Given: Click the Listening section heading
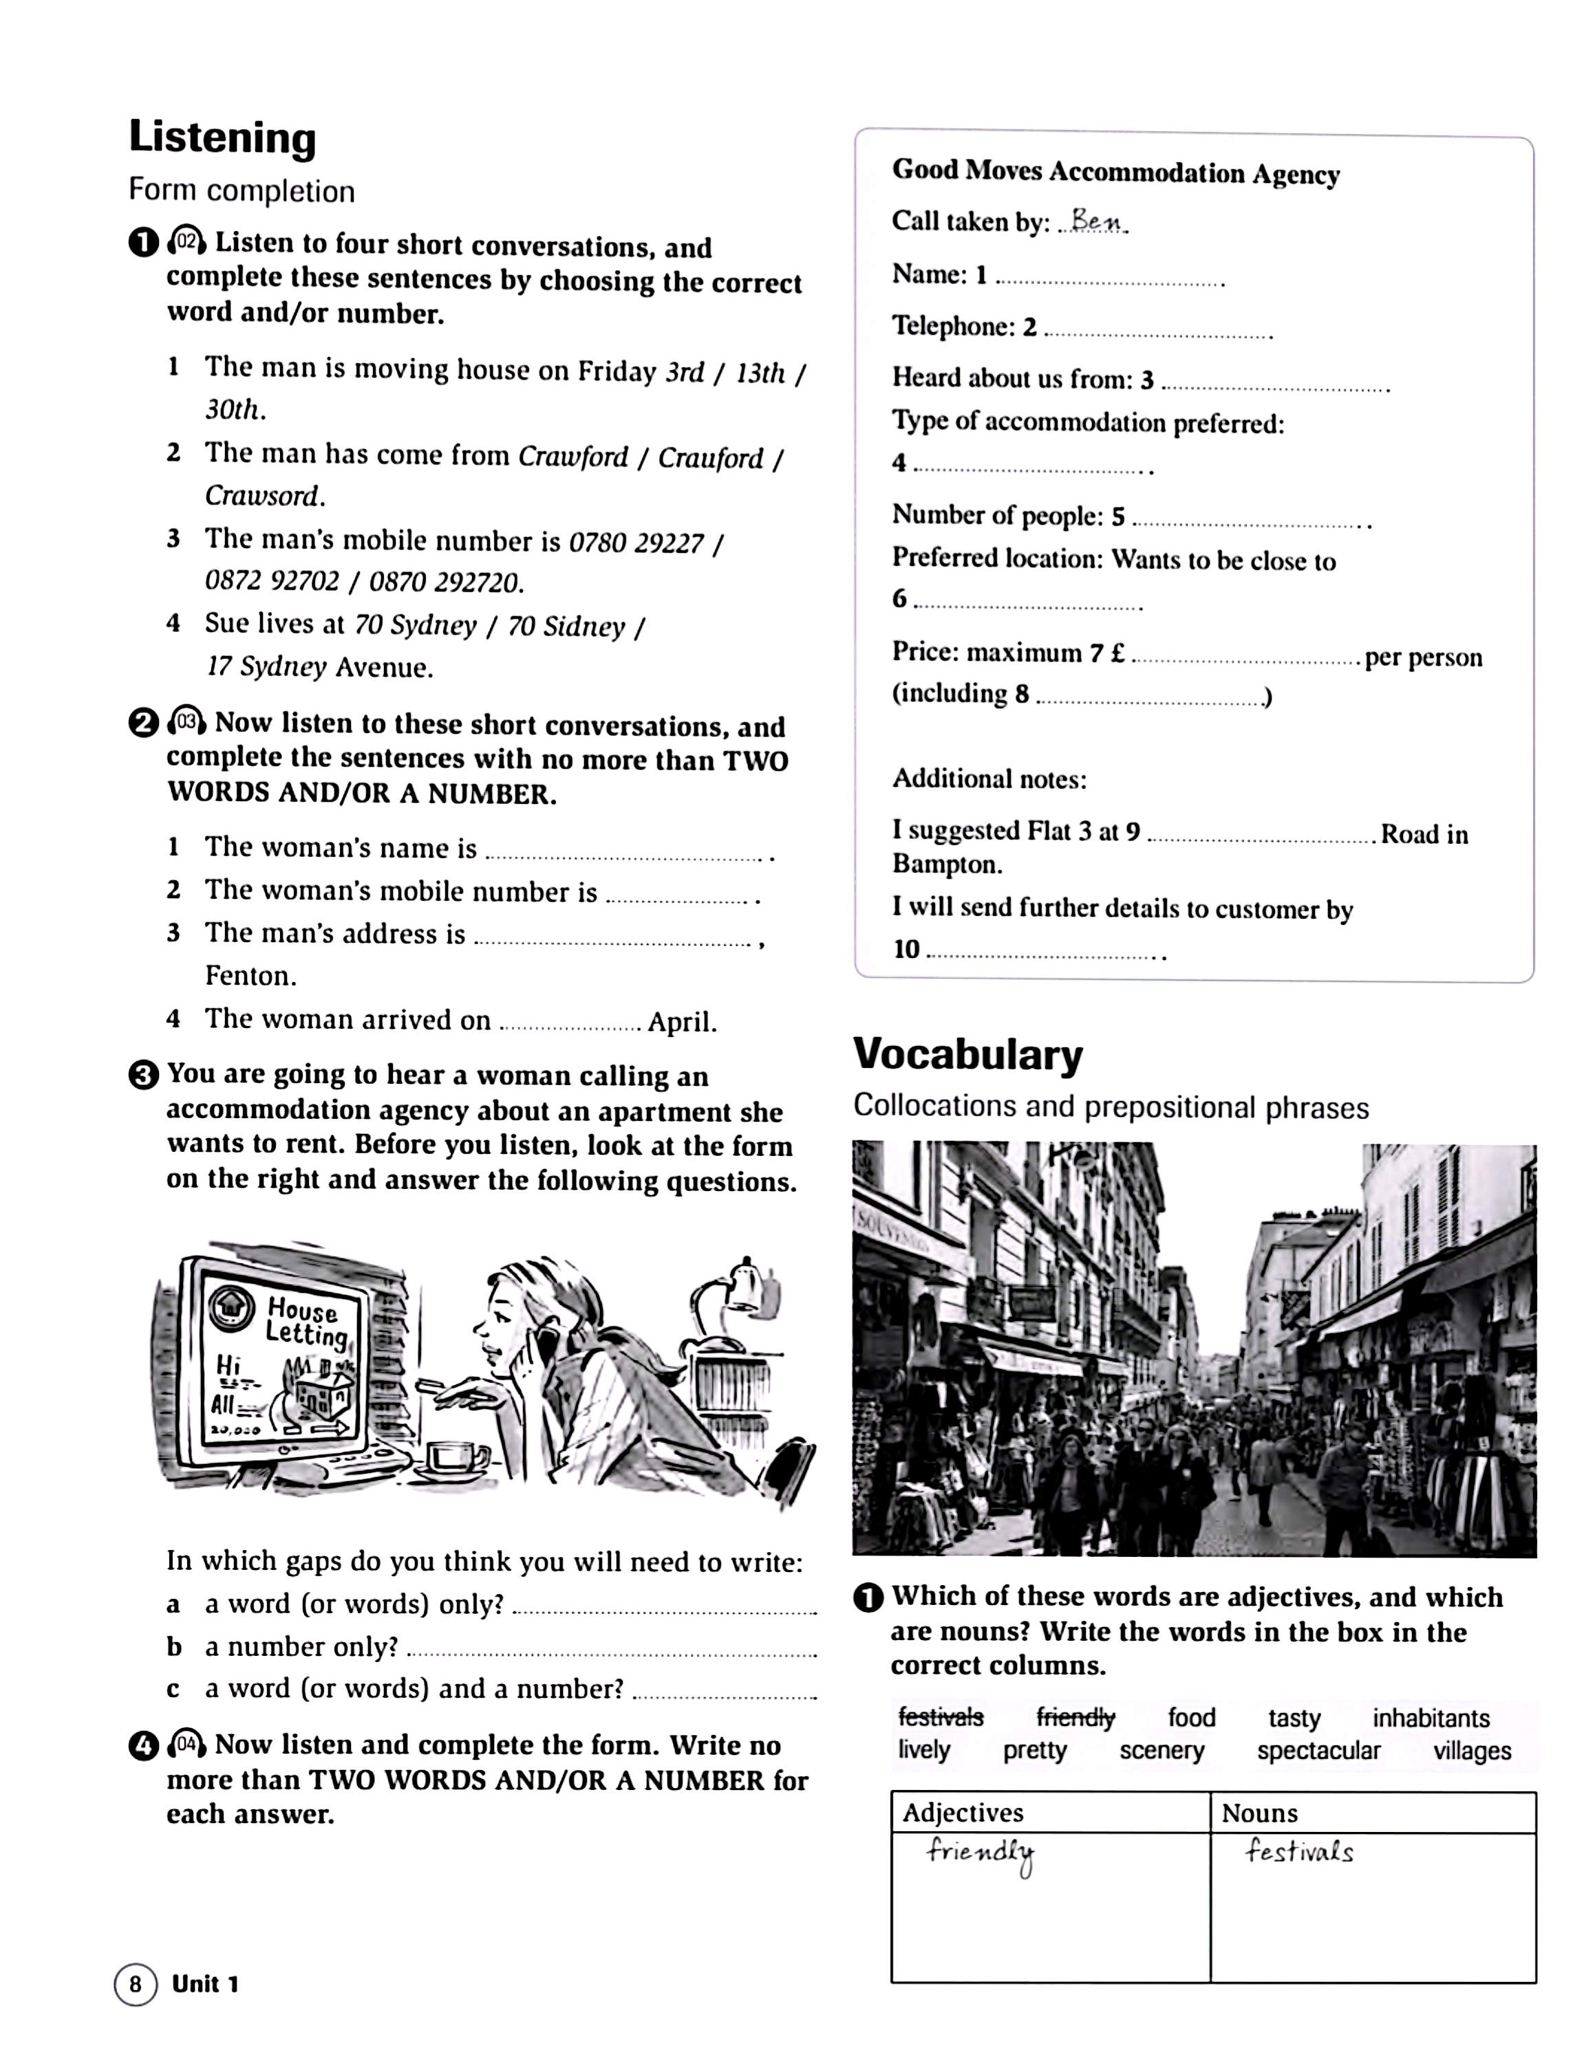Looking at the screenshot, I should point(222,138).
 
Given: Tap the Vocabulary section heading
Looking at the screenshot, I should point(967,1054).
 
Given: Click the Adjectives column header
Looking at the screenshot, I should point(963,1812).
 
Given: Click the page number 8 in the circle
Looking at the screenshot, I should point(135,1984).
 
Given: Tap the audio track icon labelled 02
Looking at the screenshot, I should point(187,242).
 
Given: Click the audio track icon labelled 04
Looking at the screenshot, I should point(187,1744).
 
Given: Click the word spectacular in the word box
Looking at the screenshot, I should point(1318,1750).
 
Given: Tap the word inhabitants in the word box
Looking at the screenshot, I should point(1431,1717).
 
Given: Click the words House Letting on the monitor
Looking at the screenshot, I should point(304,1322).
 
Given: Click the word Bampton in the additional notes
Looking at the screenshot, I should point(947,864).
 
